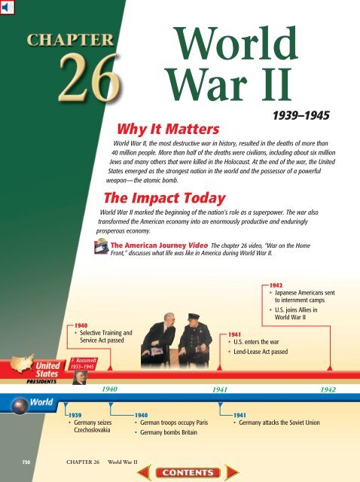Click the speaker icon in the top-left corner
pyautogui.click(x=8, y=8)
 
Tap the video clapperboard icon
pyautogui.click(x=99, y=245)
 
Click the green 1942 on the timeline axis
pyautogui.click(x=328, y=390)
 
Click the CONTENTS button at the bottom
pyautogui.click(x=179, y=471)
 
